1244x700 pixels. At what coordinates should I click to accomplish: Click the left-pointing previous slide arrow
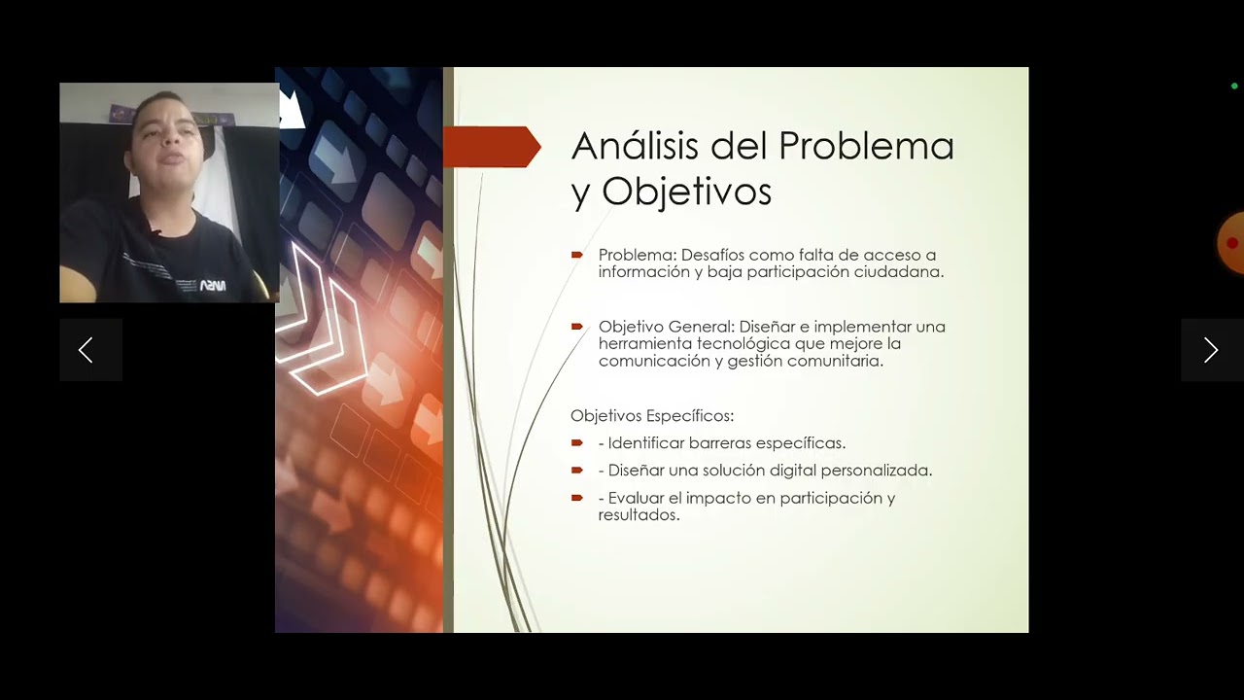pos(86,350)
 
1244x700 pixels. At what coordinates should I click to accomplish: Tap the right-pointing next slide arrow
pos(1211,350)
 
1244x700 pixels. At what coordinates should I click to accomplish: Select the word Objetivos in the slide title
pos(686,192)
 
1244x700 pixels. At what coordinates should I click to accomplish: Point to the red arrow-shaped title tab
pos(491,147)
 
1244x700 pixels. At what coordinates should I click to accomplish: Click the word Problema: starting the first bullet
pos(637,255)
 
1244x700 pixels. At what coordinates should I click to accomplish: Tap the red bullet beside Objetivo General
pos(577,326)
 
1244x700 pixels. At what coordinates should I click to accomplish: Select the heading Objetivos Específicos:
pos(652,416)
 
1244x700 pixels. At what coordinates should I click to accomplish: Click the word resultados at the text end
pos(638,515)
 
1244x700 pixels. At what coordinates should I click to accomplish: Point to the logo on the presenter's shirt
pos(212,286)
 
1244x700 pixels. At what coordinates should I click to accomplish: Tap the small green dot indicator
pos(1234,87)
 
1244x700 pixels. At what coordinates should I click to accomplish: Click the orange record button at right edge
pos(1231,242)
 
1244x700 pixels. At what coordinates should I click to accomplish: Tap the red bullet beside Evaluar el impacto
pos(577,498)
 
